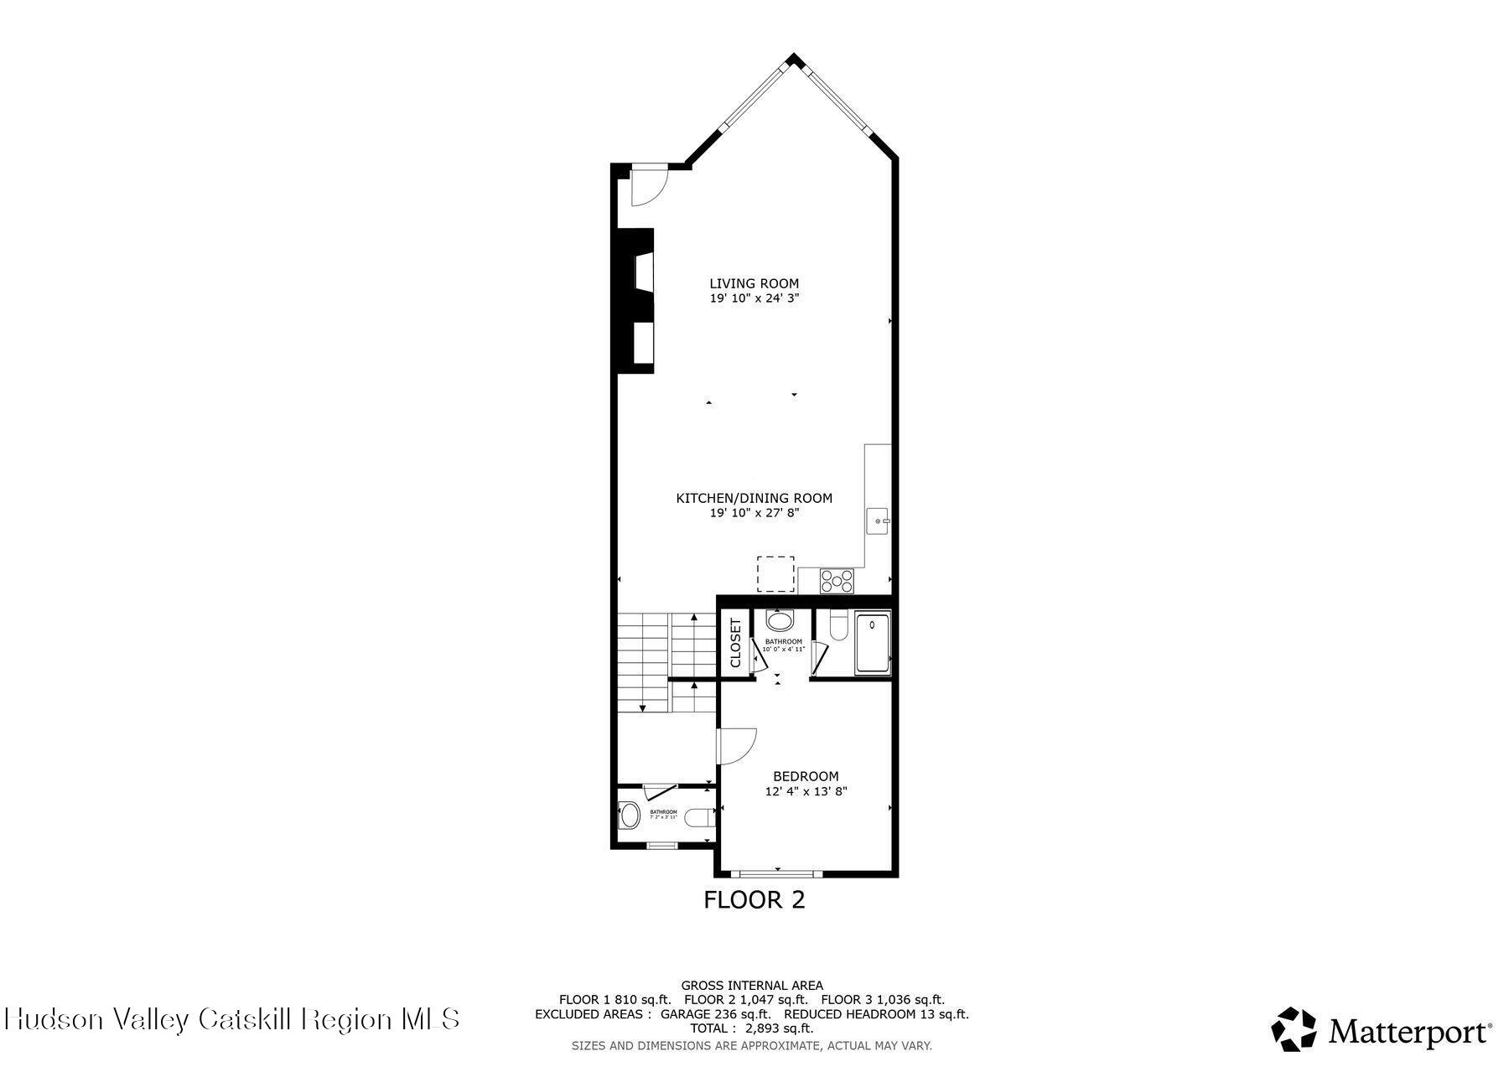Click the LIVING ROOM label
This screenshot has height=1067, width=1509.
pyautogui.click(x=754, y=283)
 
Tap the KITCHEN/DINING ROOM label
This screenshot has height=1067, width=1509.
pyautogui.click(x=754, y=498)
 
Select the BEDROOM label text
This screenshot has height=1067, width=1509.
pyautogui.click(x=805, y=776)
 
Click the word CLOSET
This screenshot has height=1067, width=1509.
pyautogui.click(x=736, y=643)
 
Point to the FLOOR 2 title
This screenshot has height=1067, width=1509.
pyautogui.click(x=754, y=900)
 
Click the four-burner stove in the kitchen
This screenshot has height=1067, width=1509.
pyautogui.click(x=837, y=580)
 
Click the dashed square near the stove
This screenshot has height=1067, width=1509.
pyautogui.click(x=775, y=573)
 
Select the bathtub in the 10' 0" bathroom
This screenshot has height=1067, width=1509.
pyautogui.click(x=872, y=643)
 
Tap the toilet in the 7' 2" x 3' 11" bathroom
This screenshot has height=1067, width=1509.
pyautogui.click(x=697, y=817)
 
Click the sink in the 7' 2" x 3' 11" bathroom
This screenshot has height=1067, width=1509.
pyautogui.click(x=629, y=815)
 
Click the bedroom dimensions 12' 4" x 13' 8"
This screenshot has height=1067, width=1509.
pyautogui.click(x=806, y=790)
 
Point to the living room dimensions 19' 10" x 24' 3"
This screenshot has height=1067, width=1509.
pyautogui.click(x=754, y=298)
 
